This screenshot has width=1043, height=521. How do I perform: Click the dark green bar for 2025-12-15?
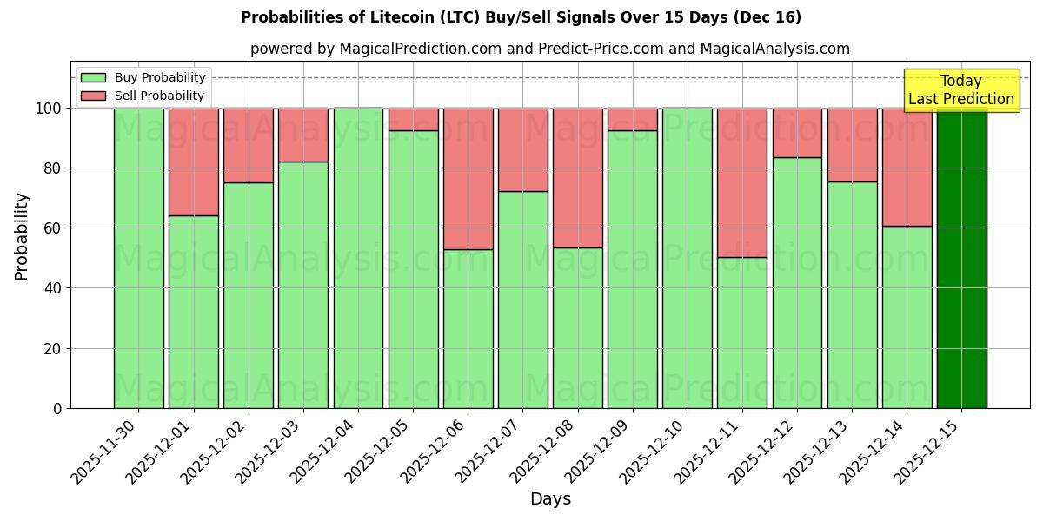[x=961, y=258]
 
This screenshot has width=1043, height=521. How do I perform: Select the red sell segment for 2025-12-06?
[x=468, y=178]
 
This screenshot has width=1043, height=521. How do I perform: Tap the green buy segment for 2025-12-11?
[x=742, y=333]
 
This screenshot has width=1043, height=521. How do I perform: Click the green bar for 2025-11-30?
[x=138, y=258]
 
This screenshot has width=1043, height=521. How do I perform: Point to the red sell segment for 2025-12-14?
[x=907, y=167]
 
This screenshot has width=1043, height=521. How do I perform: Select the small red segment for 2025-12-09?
[x=633, y=119]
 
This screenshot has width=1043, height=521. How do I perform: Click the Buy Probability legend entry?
[x=143, y=77]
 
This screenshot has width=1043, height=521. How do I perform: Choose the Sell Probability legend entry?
[x=143, y=96]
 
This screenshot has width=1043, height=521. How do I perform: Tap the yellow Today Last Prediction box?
[x=960, y=90]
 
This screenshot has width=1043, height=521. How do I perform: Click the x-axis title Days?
[x=550, y=499]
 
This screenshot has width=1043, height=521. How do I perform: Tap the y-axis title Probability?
[x=22, y=236]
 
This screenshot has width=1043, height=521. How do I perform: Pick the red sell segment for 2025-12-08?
[x=577, y=178]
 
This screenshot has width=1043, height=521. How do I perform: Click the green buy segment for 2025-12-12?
[x=797, y=282]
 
